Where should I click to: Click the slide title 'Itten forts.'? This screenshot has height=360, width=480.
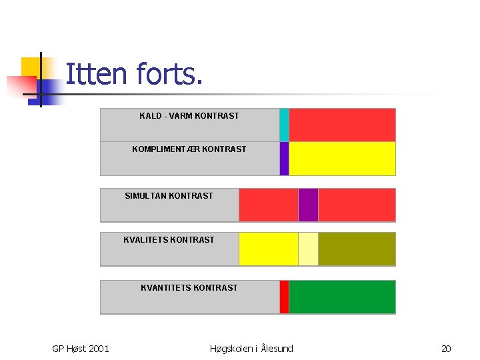133,74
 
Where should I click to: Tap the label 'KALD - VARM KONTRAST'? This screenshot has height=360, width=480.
189,116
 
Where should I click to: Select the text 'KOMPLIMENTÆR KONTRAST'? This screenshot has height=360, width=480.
189,149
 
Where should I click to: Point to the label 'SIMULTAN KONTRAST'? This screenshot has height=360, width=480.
169,196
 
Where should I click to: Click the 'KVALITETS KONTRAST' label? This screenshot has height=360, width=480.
169,240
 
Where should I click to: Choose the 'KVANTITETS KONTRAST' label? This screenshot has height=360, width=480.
189,288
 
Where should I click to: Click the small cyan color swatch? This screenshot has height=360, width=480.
284,125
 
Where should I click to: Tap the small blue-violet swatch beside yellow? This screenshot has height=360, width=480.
284,159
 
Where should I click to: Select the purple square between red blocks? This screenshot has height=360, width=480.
308,205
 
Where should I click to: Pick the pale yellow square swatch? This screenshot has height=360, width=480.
308,249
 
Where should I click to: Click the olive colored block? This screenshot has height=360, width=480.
357,249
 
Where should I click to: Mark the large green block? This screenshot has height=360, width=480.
342,297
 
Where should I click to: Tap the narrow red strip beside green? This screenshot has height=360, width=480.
284,297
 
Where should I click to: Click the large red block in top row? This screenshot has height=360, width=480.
342,125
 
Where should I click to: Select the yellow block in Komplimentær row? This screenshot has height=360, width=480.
342,159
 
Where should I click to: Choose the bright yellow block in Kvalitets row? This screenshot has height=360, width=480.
268,249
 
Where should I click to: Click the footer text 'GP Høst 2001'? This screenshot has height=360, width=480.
81,349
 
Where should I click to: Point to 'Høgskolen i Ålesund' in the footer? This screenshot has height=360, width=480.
251,349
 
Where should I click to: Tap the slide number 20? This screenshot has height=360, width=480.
446,349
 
